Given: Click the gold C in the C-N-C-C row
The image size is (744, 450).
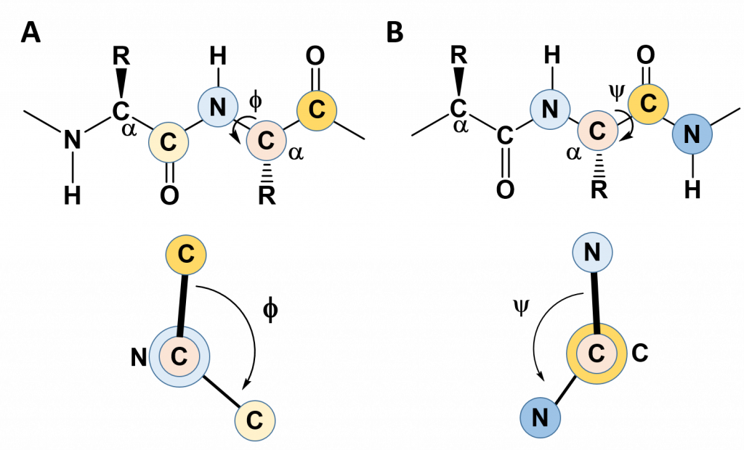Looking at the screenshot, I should point(317,110).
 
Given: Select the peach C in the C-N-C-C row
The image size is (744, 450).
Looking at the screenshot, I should point(267,140).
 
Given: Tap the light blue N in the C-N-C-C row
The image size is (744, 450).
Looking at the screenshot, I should point(218,107).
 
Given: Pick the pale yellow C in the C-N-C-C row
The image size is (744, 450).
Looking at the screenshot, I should point(169,142).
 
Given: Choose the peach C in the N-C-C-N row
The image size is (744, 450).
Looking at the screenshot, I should point(598,131).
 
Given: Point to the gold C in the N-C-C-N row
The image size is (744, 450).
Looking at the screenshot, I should point(648,104).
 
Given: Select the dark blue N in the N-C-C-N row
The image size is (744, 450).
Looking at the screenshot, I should point(692,134).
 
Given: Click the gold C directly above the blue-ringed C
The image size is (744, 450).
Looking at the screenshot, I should point(186,255).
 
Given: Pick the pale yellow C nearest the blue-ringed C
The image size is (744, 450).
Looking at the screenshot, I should point(254,420).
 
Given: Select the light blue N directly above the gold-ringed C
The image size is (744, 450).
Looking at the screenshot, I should point(592,253).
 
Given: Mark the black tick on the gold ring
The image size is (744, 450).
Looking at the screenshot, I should point(597,329).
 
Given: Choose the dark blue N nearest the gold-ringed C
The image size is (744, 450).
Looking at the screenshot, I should point(540,418).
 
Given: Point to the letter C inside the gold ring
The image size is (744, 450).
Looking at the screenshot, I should point(597,354).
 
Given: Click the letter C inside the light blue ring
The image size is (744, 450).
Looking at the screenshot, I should point(179,356).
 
